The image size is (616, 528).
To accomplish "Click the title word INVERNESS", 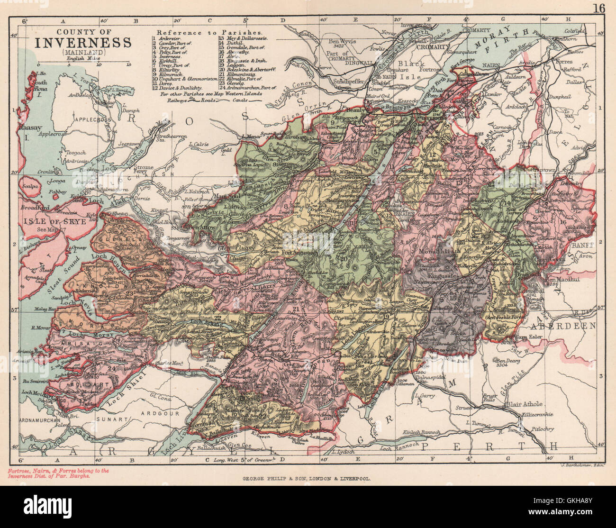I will (x=83, y=43).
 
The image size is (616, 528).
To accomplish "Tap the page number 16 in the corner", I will (x=598, y=9).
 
